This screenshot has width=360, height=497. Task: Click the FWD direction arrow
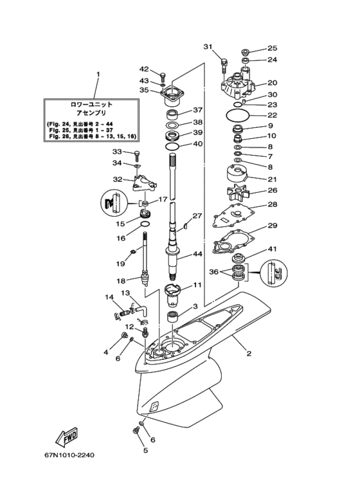point(66,437)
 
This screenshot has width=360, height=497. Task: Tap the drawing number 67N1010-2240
point(69,455)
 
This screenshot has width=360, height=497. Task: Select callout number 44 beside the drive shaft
point(198,254)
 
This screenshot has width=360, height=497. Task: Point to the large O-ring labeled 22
point(237,114)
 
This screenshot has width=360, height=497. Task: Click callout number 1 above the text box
point(98,74)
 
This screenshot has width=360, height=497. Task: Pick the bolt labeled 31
point(224,65)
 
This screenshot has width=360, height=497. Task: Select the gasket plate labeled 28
point(233,215)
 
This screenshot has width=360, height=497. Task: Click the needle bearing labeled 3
point(174,317)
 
